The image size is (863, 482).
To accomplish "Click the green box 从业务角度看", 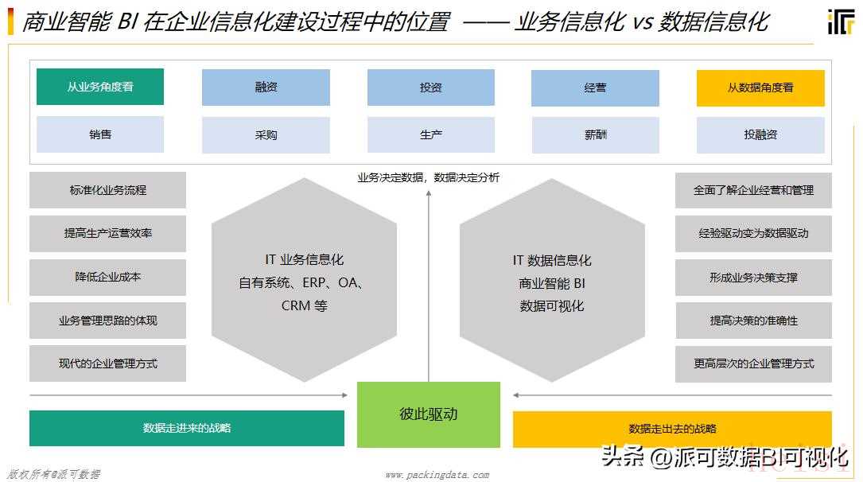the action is point(100,87).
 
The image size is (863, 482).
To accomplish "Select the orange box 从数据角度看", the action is point(760,88).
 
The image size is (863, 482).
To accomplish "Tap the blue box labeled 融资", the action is point(266,87).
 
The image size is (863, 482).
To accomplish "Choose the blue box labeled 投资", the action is point(431,87).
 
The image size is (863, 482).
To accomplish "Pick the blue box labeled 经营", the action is point(595,88).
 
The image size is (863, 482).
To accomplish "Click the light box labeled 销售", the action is point(100,134).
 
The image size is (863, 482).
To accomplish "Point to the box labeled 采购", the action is point(266,134).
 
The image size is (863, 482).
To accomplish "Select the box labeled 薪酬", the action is point(596,134).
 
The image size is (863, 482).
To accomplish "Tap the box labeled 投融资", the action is point(760,134).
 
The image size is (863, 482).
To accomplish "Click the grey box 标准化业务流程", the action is point(108,190).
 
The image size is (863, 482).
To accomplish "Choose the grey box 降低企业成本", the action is point(108,277).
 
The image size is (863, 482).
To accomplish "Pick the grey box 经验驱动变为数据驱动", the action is point(753,233).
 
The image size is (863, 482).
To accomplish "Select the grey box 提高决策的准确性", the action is point(753,321).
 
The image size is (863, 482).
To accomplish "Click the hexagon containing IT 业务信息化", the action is point(305,279).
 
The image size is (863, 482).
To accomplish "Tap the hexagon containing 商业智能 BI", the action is point(552,279).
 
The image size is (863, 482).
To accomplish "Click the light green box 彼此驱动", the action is point(429,414).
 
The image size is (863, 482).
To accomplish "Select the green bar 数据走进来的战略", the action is point(187,428).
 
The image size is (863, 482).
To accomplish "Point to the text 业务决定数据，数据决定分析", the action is point(429,177).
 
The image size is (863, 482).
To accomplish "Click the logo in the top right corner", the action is point(841,21).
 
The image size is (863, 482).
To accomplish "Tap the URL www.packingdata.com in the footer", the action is point(437,474).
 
